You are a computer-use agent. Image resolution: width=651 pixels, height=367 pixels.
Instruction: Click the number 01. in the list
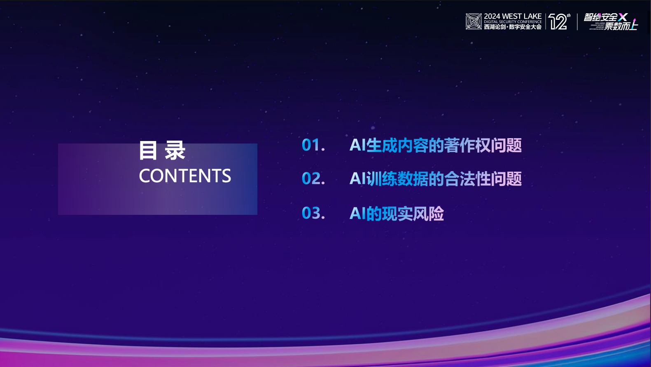pyautogui.click(x=313, y=145)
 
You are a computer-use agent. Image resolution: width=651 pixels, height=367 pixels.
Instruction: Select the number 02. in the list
pyautogui.click(x=313, y=179)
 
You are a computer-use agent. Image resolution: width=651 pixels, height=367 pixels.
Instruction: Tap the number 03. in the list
pyautogui.click(x=313, y=214)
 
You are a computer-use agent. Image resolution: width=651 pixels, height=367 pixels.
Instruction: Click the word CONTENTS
pyautogui.click(x=185, y=176)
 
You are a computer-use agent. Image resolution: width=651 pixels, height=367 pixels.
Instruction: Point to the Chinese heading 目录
pyautogui.click(x=162, y=151)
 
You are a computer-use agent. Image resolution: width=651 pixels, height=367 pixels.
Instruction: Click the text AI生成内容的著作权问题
pyautogui.click(x=435, y=145)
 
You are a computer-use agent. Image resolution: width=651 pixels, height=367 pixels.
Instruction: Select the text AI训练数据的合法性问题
pyautogui.click(x=435, y=179)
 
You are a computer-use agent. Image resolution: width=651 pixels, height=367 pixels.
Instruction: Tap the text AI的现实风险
pyautogui.click(x=397, y=214)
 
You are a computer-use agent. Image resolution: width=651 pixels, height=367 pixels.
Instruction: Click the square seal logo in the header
pyautogui.click(x=474, y=21)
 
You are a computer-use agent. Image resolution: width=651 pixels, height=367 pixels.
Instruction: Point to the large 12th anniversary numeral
pyautogui.click(x=559, y=22)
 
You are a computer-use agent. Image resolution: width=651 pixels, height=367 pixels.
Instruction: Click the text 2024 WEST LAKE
pyautogui.click(x=513, y=16)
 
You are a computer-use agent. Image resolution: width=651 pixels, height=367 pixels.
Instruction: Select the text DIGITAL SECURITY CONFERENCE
pyautogui.click(x=513, y=22)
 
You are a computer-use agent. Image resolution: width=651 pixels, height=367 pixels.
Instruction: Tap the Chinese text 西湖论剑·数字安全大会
pyautogui.click(x=513, y=27)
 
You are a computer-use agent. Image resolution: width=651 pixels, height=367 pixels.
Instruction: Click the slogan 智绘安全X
pyautogui.click(x=605, y=17)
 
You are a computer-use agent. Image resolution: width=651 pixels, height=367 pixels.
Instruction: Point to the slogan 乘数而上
pyautogui.click(x=621, y=26)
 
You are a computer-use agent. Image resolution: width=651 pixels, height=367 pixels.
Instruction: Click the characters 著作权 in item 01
pyautogui.click(x=467, y=145)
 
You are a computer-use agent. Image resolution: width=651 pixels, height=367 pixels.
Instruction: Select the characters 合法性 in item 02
pyautogui.click(x=467, y=179)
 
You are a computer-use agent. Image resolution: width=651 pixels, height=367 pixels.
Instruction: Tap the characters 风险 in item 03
pyautogui.click(x=428, y=214)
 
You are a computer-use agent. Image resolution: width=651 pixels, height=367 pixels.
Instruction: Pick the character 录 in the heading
pyautogui.click(x=175, y=151)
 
